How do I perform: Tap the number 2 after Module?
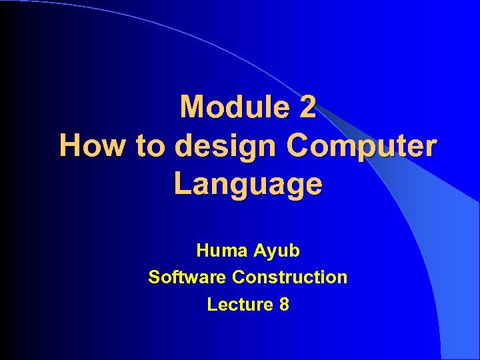click(x=307, y=107)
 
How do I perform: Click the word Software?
click(x=187, y=277)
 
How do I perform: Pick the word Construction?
click(x=289, y=277)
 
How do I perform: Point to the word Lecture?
click(x=239, y=305)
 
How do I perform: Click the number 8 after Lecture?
click(x=285, y=305)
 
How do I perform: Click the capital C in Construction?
click(x=237, y=277)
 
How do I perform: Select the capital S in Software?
click(x=154, y=277)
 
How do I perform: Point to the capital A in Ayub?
click(x=259, y=251)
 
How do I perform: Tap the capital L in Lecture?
click(x=211, y=305)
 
